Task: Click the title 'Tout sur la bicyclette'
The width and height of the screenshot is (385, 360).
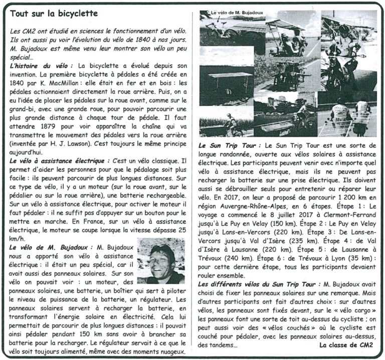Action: tap(54, 14)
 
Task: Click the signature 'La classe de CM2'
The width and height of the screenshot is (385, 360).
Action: tap(347, 345)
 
